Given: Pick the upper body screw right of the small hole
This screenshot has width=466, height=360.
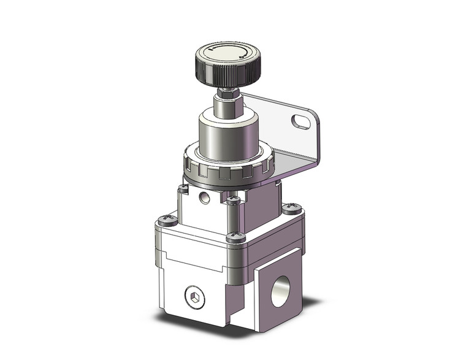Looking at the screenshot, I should click(233, 199).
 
